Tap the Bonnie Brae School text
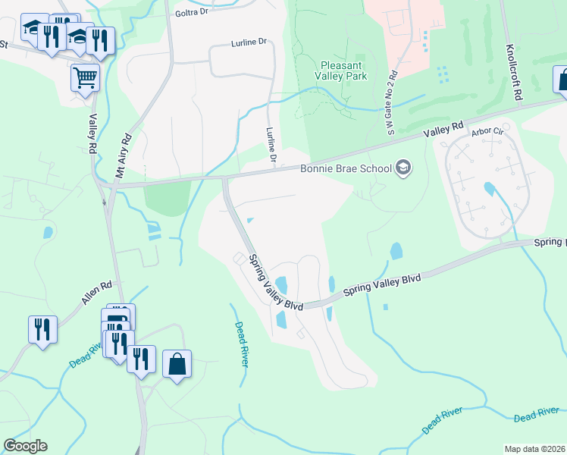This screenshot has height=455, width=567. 346,168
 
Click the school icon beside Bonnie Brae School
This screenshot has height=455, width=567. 403,168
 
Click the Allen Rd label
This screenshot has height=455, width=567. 97,293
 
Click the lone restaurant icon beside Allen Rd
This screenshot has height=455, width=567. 41,329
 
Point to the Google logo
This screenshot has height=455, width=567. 25,446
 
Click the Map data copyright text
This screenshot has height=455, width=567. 534,449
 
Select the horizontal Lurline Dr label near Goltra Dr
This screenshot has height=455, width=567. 250,44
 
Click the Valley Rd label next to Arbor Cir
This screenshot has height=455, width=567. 443,130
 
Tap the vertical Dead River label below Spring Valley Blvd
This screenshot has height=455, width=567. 241,344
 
